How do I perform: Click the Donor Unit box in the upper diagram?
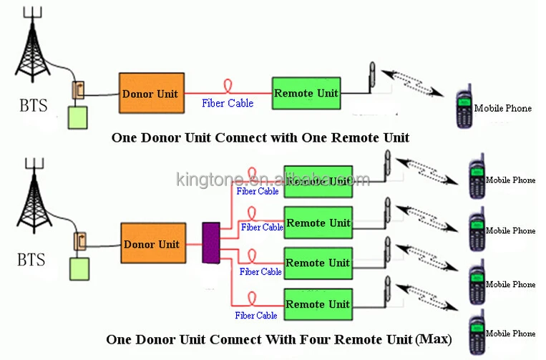(x=150, y=93)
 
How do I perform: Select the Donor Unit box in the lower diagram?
(x=151, y=244)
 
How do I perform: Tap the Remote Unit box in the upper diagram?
(x=306, y=93)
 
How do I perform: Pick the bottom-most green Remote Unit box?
(x=318, y=304)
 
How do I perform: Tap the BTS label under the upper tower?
(x=33, y=107)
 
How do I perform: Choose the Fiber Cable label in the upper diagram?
(x=228, y=104)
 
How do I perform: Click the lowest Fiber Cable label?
(x=257, y=316)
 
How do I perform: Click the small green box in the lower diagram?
(x=79, y=268)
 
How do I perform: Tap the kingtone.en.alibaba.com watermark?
(x=273, y=179)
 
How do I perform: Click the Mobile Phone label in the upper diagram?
(x=503, y=108)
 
